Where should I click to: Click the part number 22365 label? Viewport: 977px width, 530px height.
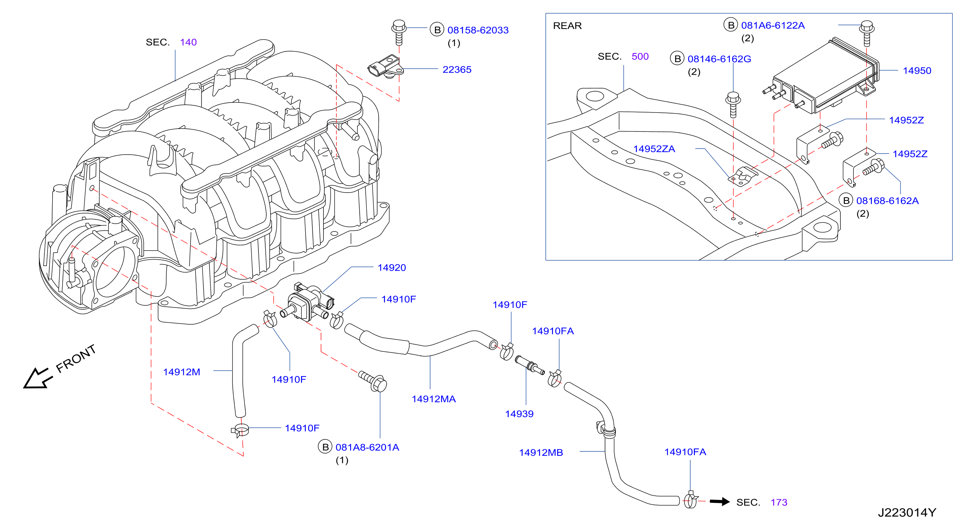(457, 70)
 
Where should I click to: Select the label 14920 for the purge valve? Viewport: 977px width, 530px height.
(391, 268)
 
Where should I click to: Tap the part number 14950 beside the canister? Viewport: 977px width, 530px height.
(917, 71)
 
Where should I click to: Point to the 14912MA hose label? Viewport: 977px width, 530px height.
(434, 399)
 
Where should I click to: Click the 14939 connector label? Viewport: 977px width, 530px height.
(519, 414)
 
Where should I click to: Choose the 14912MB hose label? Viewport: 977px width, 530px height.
(541, 452)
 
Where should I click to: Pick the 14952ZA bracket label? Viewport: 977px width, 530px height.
(654, 149)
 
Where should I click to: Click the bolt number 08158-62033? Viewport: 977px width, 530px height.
(478, 30)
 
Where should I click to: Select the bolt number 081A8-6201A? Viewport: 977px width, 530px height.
(367, 447)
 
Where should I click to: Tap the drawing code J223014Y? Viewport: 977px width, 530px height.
(907, 512)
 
